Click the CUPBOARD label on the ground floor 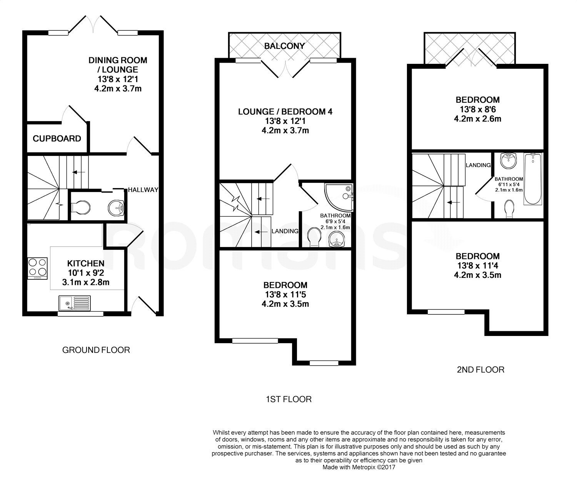(x=57, y=139)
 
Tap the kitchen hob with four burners (x=37, y=268)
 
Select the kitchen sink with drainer (x=75, y=302)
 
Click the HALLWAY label (x=143, y=190)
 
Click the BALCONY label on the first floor (x=285, y=46)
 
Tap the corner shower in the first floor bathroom (x=339, y=196)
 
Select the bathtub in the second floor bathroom (x=533, y=179)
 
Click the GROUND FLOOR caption (x=96, y=350)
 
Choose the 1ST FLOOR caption (x=288, y=399)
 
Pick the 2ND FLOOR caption (x=480, y=370)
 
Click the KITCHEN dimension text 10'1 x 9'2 (x=86, y=273)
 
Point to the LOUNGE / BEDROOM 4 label (x=285, y=112)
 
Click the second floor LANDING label (x=478, y=165)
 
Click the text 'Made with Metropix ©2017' (x=359, y=468)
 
